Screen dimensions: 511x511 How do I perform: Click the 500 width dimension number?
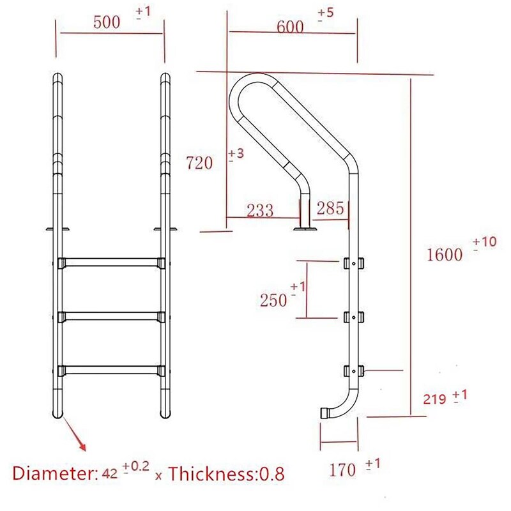(107, 23)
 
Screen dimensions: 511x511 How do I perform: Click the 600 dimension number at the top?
(290, 27)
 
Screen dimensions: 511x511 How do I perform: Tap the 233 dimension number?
(259, 210)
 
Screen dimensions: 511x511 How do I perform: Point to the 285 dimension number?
(330, 208)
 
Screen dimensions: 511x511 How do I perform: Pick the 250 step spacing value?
(273, 299)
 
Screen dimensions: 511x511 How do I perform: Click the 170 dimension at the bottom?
(343, 470)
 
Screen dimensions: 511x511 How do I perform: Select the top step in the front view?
(111, 263)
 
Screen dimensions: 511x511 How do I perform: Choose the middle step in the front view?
(111, 316)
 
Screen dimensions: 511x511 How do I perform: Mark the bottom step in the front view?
(111, 369)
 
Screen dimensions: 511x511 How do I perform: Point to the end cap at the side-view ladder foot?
(324, 412)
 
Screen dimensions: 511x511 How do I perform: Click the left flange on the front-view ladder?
(57, 228)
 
